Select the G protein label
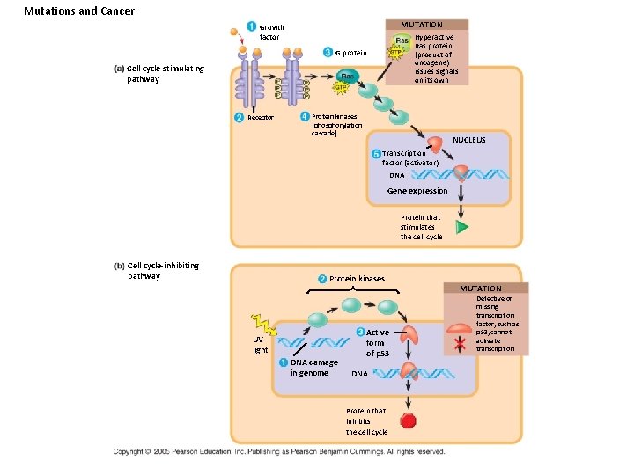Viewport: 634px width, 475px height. [350, 54]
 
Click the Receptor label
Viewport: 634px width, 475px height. [261, 117]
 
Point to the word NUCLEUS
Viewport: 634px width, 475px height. [469, 140]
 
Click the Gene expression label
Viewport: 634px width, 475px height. [417, 191]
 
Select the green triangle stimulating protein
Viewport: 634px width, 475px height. [461, 227]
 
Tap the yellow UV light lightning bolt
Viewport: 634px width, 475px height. [264, 323]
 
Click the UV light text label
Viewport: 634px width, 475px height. [261, 345]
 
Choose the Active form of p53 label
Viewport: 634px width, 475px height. [376, 342]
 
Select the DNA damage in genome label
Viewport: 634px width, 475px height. [309, 368]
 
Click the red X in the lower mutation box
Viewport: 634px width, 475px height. [459, 345]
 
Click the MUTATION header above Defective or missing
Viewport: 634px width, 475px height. [481, 289]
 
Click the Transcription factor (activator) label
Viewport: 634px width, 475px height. [404, 158]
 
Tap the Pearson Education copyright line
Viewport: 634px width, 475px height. [279, 451]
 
